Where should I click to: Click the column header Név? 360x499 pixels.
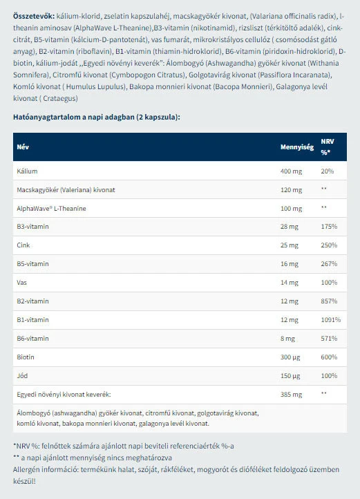23,147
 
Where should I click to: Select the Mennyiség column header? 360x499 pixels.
296,147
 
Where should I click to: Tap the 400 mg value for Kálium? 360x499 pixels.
290,171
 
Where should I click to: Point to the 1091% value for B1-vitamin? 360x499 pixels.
330,320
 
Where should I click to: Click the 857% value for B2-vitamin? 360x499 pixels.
329,301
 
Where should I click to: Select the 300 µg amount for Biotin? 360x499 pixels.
290,357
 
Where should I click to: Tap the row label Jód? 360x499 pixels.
22,376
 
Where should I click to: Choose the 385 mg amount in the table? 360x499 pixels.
290,394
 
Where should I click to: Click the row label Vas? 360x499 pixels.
21,283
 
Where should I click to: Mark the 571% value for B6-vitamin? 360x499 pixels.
329,339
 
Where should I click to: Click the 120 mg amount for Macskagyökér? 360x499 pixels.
290,189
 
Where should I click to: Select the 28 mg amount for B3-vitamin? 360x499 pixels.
288,227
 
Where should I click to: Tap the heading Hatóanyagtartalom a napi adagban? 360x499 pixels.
96,117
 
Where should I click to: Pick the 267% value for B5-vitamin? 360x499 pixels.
329,264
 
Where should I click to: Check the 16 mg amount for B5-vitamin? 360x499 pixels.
288,264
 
